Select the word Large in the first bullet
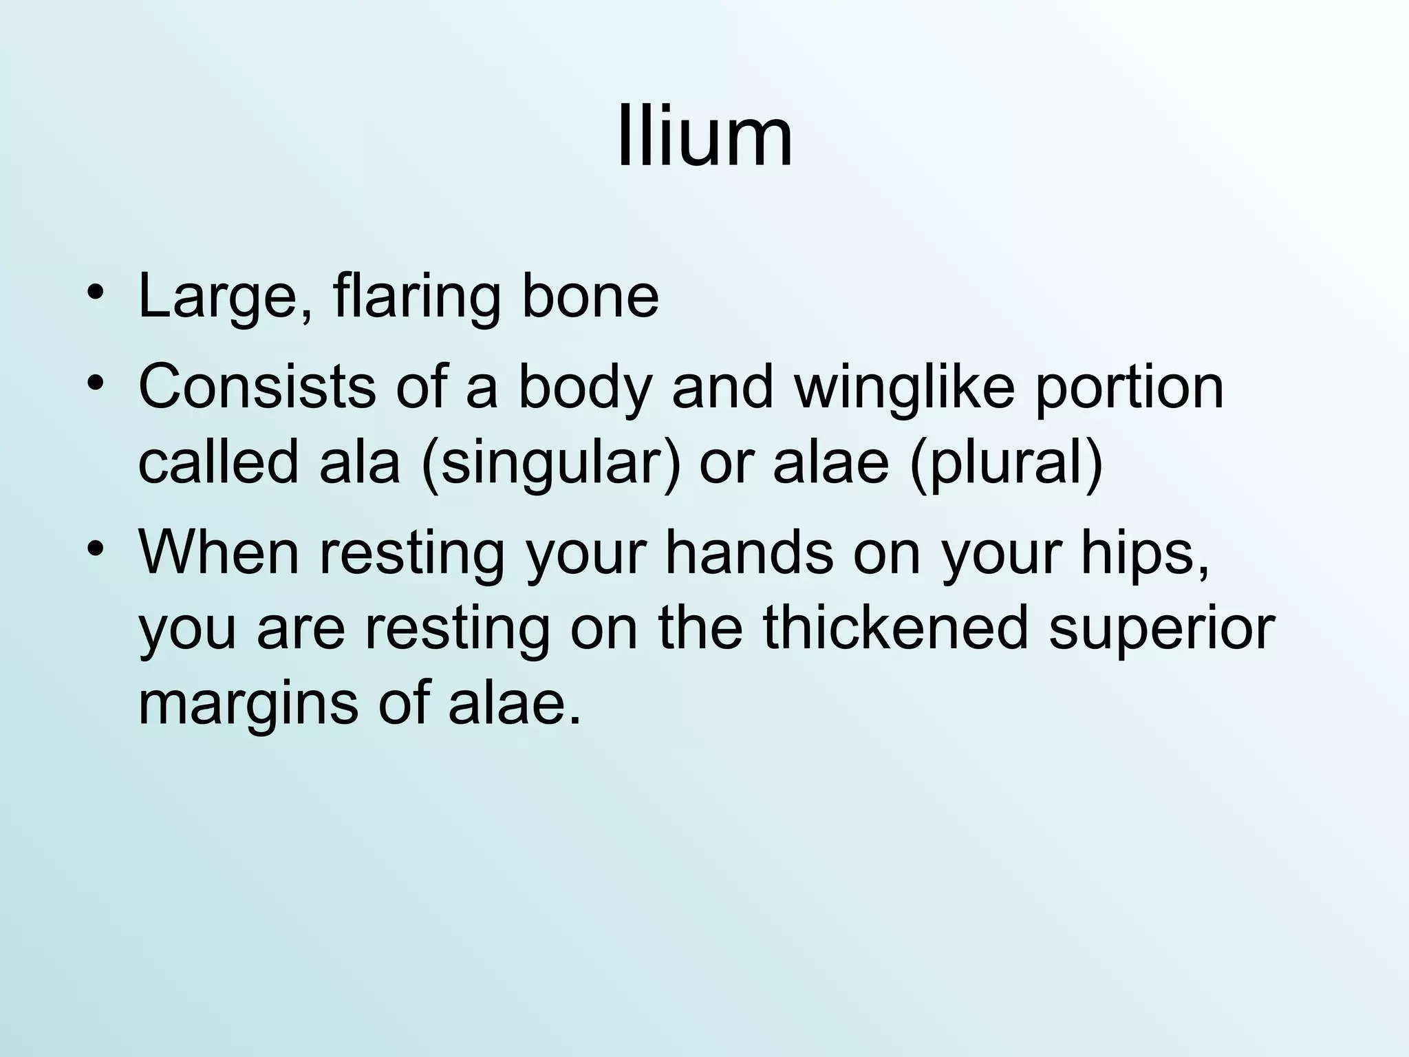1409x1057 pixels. click(x=219, y=297)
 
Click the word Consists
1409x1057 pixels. click(x=257, y=387)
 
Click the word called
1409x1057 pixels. click(x=219, y=462)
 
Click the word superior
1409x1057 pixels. click(x=1162, y=630)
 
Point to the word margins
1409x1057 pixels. click(x=248, y=705)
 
